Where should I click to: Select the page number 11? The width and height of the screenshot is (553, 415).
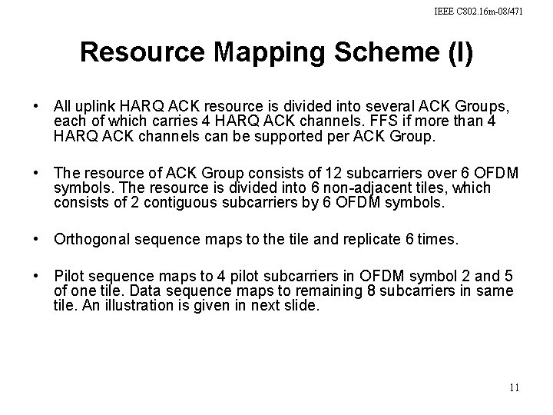point(513,387)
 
